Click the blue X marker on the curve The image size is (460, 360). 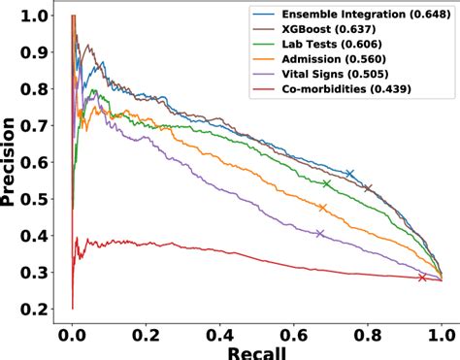pyautogui.click(x=349, y=175)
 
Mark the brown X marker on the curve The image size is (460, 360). pyautogui.click(x=368, y=188)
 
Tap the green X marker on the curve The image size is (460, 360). pyautogui.click(x=326, y=183)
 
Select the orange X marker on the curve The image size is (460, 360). pyautogui.click(x=322, y=208)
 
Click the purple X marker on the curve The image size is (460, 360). pyautogui.click(x=319, y=233)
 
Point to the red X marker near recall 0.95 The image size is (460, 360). pyautogui.click(x=422, y=278)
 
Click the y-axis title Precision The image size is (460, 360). pyautogui.click(x=12, y=160)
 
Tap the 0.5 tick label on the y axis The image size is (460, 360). pyautogui.click(x=37, y=199)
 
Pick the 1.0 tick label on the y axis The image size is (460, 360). pyautogui.click(x=37, y=16)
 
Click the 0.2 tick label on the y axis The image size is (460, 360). pyautogui.click(x=37, y=309)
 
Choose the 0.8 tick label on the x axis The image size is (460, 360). pyautogui.click(x=368, y=330)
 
